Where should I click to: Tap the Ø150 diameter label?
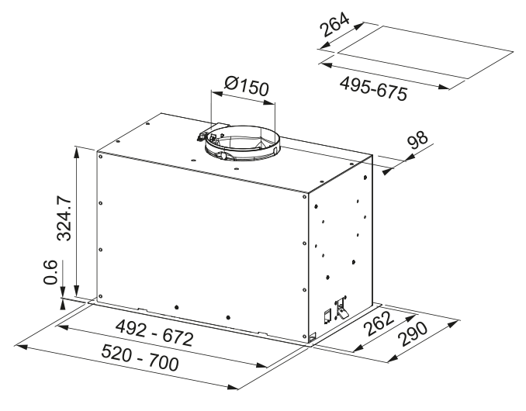tap(244, 86)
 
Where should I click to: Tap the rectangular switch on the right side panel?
tap(327, 315)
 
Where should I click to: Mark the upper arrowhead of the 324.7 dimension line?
tap(76, 147)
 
